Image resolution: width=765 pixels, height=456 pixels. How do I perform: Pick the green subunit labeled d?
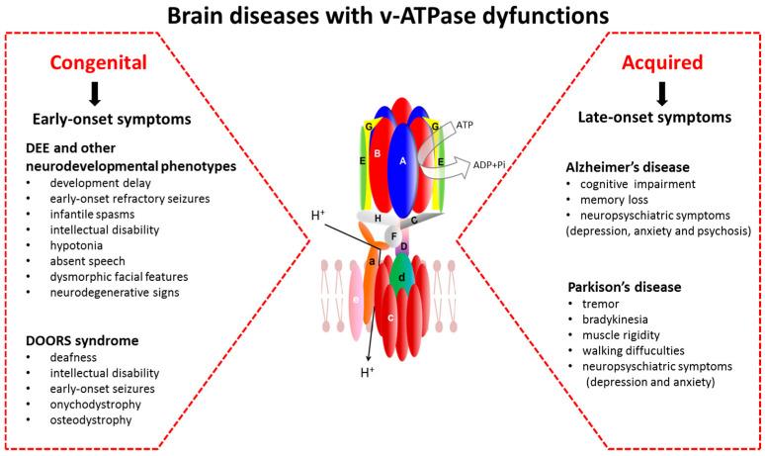(400, 278)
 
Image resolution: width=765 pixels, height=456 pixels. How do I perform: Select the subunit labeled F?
(393, 236)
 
